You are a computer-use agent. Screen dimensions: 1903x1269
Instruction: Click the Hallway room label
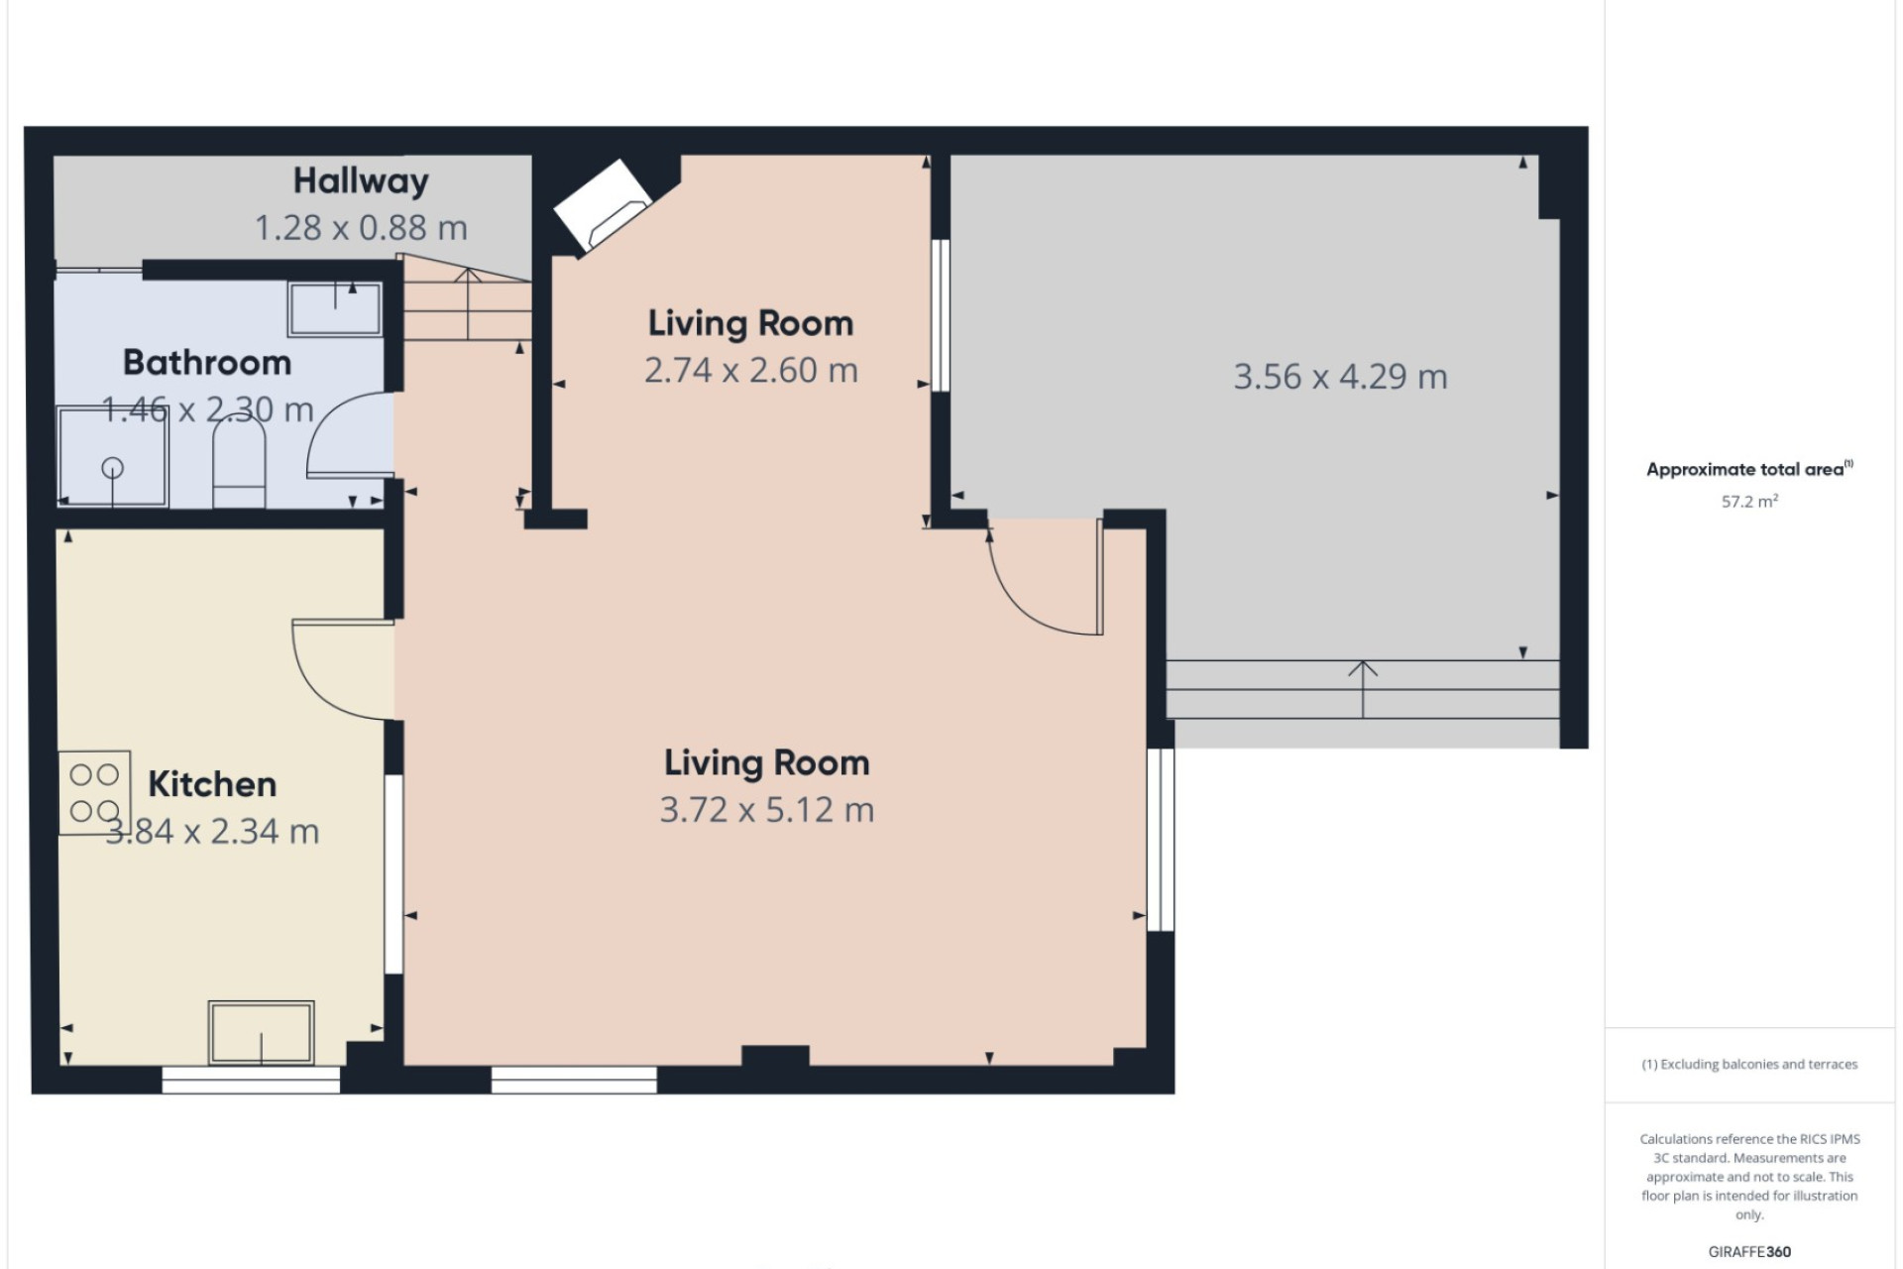[361, 181]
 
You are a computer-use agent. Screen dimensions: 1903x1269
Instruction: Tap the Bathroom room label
[207, 363]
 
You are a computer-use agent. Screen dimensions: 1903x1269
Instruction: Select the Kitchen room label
[212, 784]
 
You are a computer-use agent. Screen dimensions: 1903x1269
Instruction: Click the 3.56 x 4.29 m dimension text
[1340, 377]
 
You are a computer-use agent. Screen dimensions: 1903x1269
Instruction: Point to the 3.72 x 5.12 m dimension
[767, 810]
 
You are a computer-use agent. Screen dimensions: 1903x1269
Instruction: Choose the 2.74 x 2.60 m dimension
[751, 371]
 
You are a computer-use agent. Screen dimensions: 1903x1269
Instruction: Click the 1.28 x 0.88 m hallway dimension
[361, 228]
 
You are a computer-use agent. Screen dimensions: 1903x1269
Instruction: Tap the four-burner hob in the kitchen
[94, 792]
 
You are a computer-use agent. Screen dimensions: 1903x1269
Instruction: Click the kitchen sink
[261, 1033]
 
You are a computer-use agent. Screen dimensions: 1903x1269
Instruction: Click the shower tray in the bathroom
[113, 457]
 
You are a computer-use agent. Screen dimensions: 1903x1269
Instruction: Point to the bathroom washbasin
[335, 308]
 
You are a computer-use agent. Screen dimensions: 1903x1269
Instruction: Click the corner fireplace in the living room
[602, 205]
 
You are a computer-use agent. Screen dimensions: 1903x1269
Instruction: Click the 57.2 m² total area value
[1749, 502]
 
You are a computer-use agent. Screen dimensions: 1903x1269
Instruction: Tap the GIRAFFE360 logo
[1749, 1252]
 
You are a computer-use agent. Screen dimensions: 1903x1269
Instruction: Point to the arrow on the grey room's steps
[1363, 689]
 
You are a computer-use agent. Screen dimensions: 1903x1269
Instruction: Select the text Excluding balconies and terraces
[1759, 1065]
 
